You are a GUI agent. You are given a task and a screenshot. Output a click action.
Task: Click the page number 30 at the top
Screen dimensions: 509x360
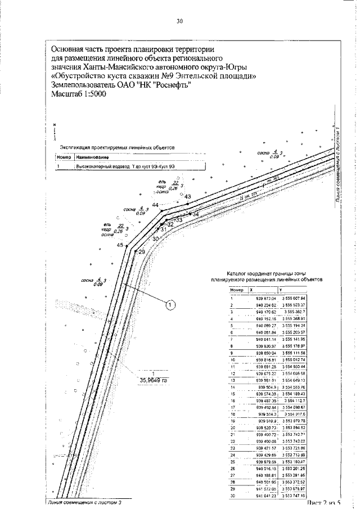click(x=179, y=22)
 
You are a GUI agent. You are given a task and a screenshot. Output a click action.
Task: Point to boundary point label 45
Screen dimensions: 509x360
click(x=120, y=245)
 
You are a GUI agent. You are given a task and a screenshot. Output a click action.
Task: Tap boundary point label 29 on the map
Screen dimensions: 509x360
click(x=142, y=252)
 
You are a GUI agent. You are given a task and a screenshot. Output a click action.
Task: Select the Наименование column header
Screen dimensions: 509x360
click(x=92, y=157)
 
